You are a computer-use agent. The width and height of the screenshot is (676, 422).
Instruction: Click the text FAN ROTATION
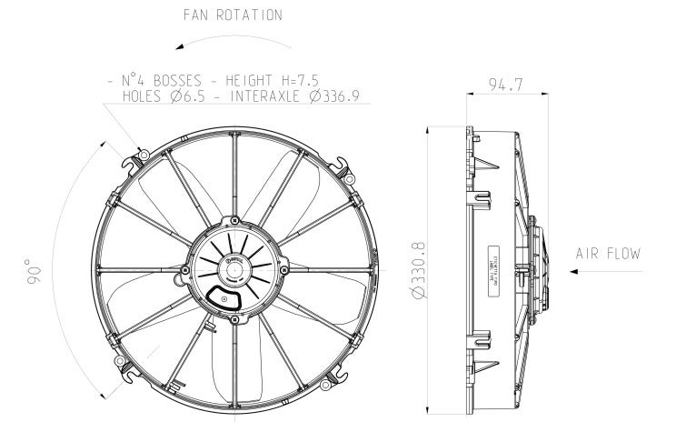click(x=232, y=15)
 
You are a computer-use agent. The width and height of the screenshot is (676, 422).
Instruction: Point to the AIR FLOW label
click(x=608, y=254)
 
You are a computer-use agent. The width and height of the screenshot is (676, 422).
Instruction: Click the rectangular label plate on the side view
click(x=493, y=258)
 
